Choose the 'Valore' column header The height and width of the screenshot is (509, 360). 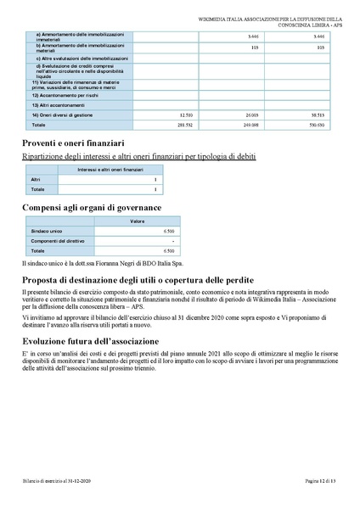tap(136, 221)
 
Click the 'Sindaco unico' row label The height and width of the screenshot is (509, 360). tap(48, 231)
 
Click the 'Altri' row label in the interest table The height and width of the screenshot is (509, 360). tap(36, 181)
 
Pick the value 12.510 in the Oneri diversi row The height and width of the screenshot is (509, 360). tap(188, 113)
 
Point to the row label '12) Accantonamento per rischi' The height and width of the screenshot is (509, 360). tap(67, 96)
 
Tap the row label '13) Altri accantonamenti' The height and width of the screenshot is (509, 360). tap(60, 104)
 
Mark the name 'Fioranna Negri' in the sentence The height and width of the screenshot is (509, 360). tap(101, 264)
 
